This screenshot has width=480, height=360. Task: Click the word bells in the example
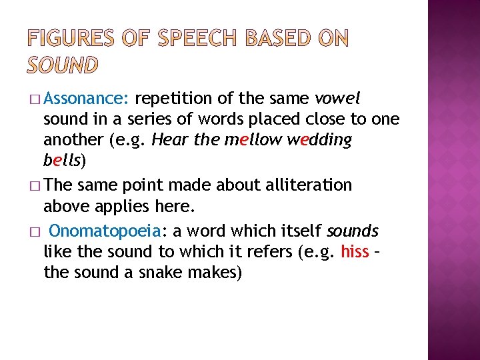tap(61, 161)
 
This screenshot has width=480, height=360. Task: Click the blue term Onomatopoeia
tap(104, 231)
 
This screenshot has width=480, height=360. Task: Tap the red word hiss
tap(355, 251)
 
